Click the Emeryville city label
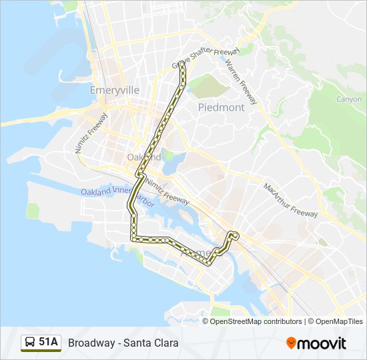tap(114, 89)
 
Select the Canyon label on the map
tap(348, 99)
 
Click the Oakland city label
tap(143, 157)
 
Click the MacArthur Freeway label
tap(291, 200)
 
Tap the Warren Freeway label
tap(241, 81)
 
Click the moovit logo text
tap(322, 343)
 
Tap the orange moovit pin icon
tap(291, 343)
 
